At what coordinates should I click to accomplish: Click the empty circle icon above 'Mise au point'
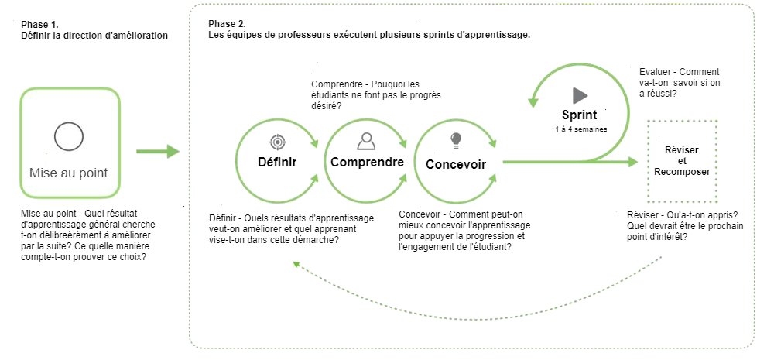point(69,136)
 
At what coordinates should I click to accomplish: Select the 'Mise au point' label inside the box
point(69,173)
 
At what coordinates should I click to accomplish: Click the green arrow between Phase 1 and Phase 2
point(158,152)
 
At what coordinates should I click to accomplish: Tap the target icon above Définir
point(277,142)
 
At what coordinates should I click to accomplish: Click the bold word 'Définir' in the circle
point(277,162)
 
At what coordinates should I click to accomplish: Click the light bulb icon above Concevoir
point(456,139)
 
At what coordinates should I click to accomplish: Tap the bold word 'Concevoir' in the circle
point(456,164)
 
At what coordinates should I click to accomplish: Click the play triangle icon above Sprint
point(580,95)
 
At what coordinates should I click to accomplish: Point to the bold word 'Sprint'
point(580,116)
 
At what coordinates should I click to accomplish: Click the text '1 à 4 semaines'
point(580,129)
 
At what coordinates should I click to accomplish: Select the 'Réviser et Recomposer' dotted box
point(681,160)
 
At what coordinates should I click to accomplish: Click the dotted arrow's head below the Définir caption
point(297,263)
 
